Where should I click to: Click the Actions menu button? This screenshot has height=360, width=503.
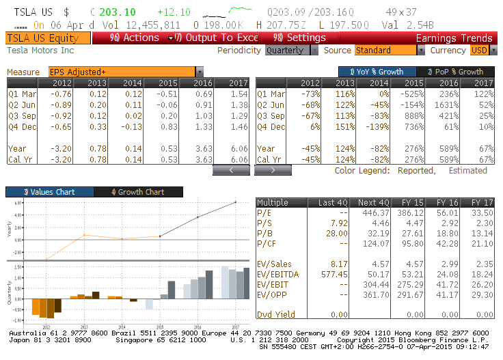135,38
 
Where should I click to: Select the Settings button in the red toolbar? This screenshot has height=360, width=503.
300,38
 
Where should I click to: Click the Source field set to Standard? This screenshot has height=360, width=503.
385,51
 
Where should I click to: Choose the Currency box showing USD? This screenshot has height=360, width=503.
480,51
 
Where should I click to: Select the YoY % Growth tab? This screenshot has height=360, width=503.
377,72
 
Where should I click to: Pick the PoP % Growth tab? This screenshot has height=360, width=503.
454,72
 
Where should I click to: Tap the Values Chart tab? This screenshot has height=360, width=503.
49,192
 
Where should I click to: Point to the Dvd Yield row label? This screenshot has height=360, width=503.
277,314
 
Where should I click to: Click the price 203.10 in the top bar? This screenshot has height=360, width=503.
118,12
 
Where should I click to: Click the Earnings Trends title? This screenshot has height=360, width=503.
453,38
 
